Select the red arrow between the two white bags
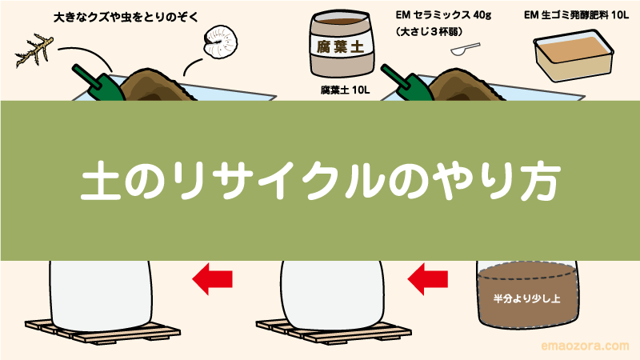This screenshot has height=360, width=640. coord(213,280)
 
